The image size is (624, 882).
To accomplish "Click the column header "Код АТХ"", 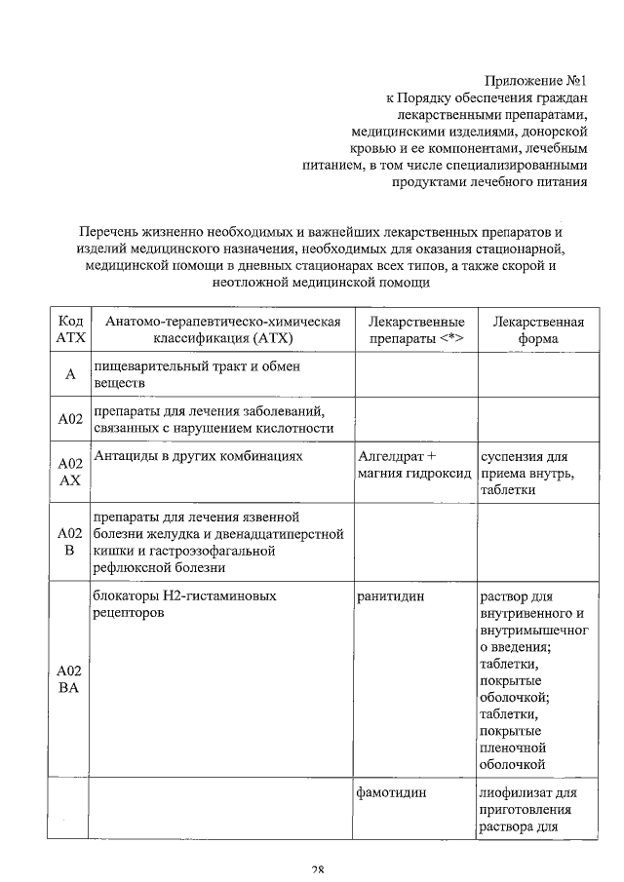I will (x=69, y=331).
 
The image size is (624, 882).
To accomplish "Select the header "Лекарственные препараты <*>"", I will (x=415, y=331).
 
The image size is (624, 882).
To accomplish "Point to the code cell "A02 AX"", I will (x=69, y=472).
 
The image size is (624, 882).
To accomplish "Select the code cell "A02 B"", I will (x=69, y=542).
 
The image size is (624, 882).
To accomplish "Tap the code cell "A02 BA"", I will (x=69, y=679).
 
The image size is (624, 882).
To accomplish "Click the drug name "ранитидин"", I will (x=391, y=595).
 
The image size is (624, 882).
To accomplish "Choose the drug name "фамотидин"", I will (x=393, y=793).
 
